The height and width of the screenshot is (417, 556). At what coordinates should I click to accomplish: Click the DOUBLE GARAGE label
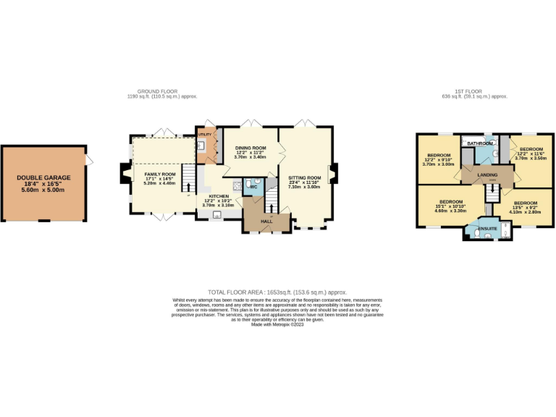pyautogui.click(x=44, y=177)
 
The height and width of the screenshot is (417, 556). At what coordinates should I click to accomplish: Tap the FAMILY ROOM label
pyautogui.click(x=159, y=174)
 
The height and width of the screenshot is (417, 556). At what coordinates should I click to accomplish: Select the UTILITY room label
pyautogui.click(x=204, y=135)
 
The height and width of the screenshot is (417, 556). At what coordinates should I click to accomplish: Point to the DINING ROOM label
pyautogui.click(x=250, y=148)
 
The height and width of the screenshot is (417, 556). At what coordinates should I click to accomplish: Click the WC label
pyautogui.click(x=254, y=187)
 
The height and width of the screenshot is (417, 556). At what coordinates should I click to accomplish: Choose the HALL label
pyautogui.click(x=267, y=221)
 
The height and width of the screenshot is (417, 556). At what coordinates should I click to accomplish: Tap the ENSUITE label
pyautogui.click(x=487, y=229)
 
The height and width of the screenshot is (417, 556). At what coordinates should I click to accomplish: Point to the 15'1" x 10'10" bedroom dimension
pyautogui.click(x=450, y=206)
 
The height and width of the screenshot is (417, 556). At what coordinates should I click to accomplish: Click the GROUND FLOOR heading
pyautogui.click(x=158, y=91)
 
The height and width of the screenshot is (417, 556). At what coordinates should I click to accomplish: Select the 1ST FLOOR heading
pyautogui.click(x=477, y=91)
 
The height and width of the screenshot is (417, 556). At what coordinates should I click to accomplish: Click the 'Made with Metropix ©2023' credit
pyautogui.click(x=277, y=324)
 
